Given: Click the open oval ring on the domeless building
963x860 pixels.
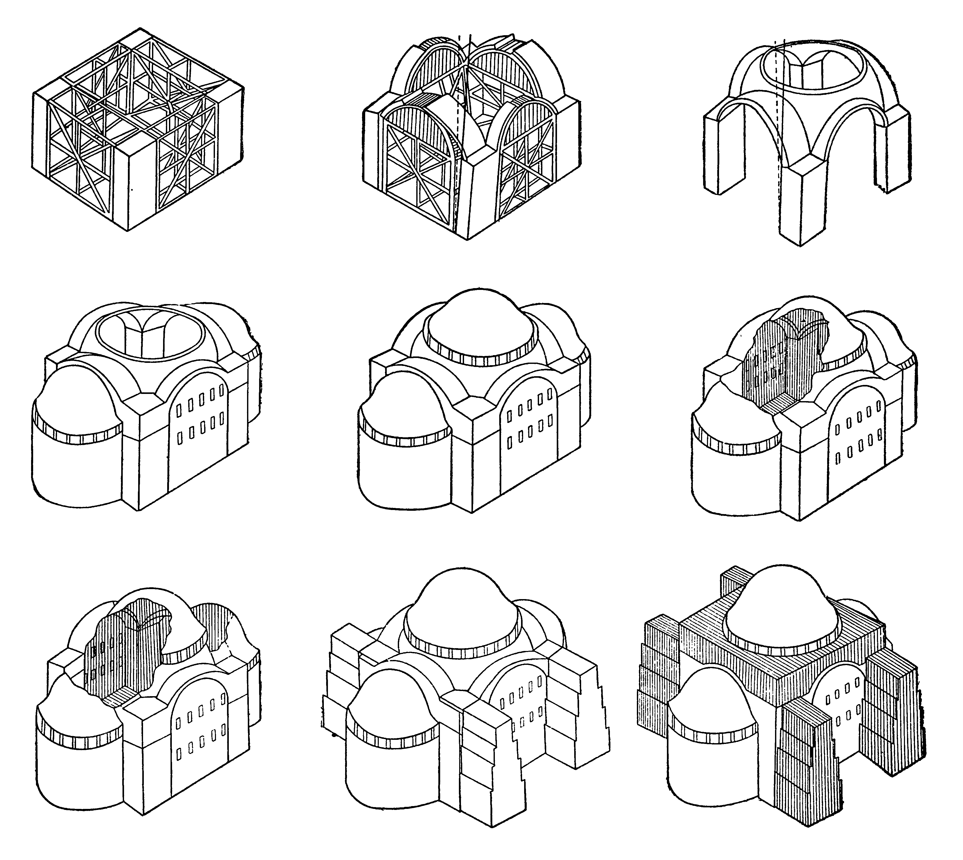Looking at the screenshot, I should (x=150, y=335).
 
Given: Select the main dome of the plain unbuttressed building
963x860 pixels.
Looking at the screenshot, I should (x=480, y=326).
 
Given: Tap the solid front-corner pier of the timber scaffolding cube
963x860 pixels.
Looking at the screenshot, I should (x=130, y=189).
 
